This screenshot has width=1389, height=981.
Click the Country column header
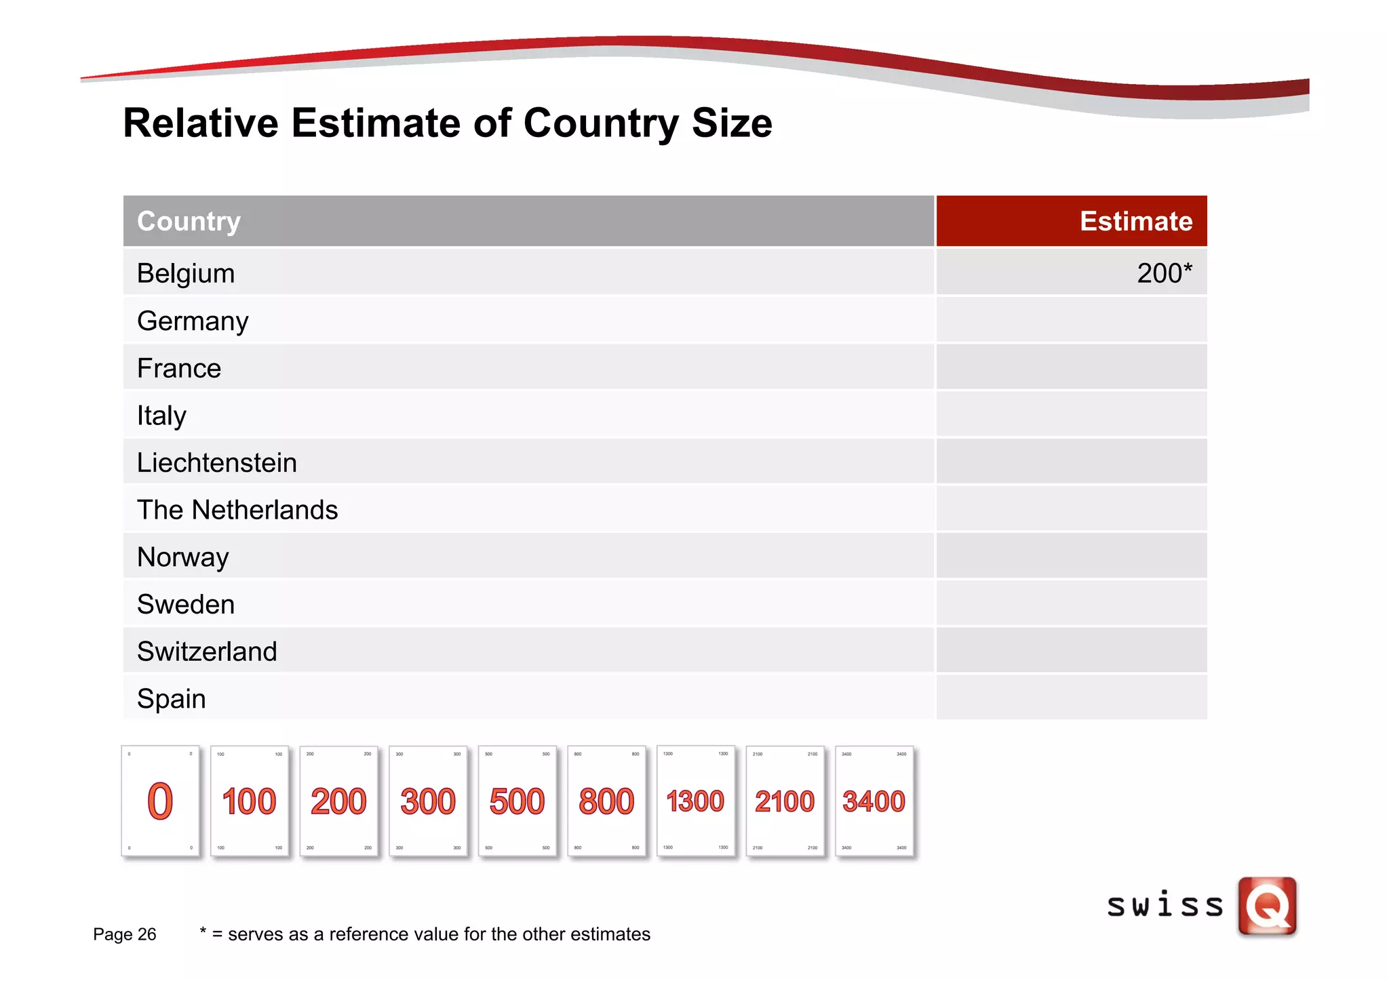[x=189, y=221]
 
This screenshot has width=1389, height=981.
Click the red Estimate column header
[x=1135, y=221]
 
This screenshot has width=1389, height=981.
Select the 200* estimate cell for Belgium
[x=1164, y=273]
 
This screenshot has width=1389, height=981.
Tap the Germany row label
[x=193, y=321]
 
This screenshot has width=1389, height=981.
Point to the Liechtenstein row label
[x=217, y=463]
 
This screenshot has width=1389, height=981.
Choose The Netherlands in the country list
[x=237, y=510]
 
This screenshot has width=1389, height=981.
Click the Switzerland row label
[x=207, y=652]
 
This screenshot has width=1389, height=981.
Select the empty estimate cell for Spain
[x=1072, y=698]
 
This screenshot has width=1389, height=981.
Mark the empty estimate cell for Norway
[x=1072, y=556]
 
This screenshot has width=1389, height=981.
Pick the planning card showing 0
[x=161, y=801]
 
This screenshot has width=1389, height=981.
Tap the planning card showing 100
[x=250, y=801]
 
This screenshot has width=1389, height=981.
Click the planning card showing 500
[x=517, y=801]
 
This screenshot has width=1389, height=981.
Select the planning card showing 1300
[x=696, y=801]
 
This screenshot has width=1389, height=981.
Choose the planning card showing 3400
[x=874, y=801]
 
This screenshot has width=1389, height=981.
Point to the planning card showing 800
[x=606, y=801]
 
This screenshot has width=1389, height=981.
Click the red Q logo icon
[x=1267, y=906]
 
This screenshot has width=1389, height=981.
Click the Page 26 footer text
[x=125, y=934]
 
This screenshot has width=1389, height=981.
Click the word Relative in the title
[x=201, y=123]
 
